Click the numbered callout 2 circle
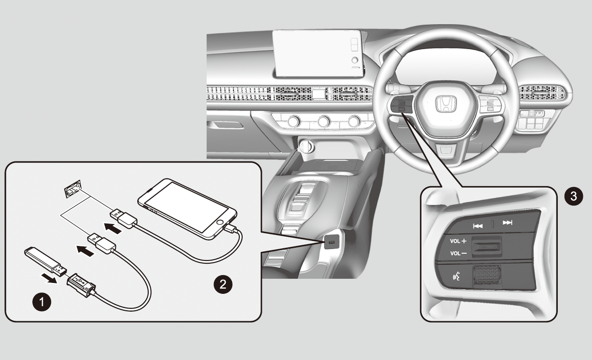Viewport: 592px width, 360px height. tap(223, 284)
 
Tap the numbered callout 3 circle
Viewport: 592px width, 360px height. tap(573, 196)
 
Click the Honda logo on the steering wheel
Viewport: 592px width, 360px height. tap(446, 104)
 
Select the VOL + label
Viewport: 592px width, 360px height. tap(458, 241)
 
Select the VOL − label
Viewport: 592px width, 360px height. tap(458, 254)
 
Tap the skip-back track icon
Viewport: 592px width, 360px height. tap(478, 226)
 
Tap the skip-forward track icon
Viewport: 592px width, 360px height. tap(508, 223)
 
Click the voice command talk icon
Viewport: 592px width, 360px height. tap(457, 276)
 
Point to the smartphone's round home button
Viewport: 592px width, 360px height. tap(220, 222)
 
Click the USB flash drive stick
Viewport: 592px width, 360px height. tap(46, 261)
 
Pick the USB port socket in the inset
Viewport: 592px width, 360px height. tap(73, 189)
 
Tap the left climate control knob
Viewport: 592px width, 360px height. tap(294, 121)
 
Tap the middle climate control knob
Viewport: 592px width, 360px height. tap(324, 121)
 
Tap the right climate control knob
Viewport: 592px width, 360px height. tap(354, 121)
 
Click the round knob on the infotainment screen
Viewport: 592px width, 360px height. tap(355, 60)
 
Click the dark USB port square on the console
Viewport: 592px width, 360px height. tap(332, 242)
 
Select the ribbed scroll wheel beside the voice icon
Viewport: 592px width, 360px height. tap(487, 275)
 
